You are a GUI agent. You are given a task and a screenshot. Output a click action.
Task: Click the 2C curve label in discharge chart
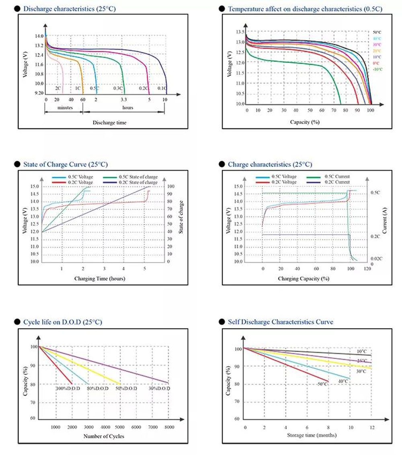point(58,88)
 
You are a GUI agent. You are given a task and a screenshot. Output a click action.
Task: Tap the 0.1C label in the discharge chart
point(162,88)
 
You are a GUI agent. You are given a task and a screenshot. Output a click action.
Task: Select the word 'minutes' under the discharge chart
point(64,107)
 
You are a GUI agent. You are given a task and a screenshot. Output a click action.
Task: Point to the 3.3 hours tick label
point(124,99)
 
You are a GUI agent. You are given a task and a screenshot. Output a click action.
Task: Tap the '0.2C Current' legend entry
point(335,182)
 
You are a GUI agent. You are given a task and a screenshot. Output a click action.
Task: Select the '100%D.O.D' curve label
point(68,389)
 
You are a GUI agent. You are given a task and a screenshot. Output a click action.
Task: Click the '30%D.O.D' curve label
point(159,389)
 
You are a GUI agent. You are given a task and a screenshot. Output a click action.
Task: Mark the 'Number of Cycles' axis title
point(103,436)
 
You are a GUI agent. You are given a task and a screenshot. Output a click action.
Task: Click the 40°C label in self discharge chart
point(343,381)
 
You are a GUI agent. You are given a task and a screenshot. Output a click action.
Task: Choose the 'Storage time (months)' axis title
point(312,435)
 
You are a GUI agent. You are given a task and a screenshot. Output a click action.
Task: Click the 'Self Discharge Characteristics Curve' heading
point(280,322)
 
